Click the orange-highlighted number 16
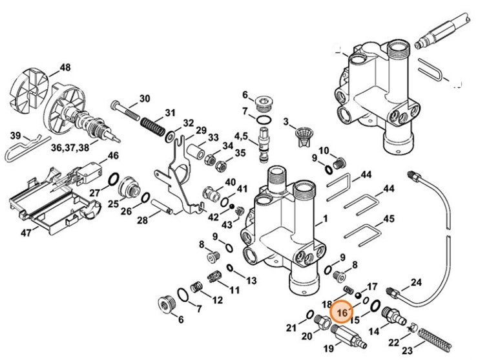pos(342,312)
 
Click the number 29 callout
pos(201,131)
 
